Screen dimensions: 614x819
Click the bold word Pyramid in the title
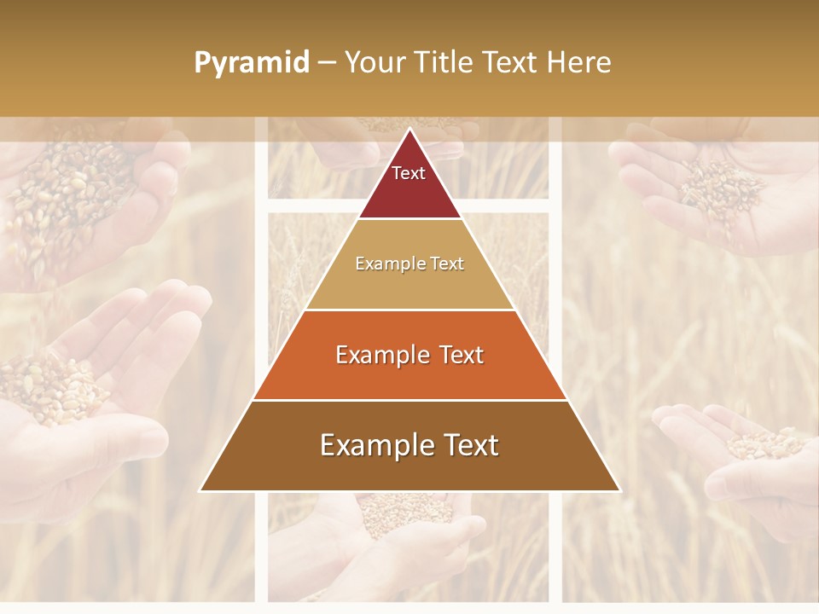click(x=251, y=63)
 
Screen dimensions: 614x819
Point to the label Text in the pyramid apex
click(x=409, y=173)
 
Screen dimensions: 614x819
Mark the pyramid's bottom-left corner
click(x=201, y=490)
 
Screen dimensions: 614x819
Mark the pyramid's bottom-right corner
click(x=619, y=490)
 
